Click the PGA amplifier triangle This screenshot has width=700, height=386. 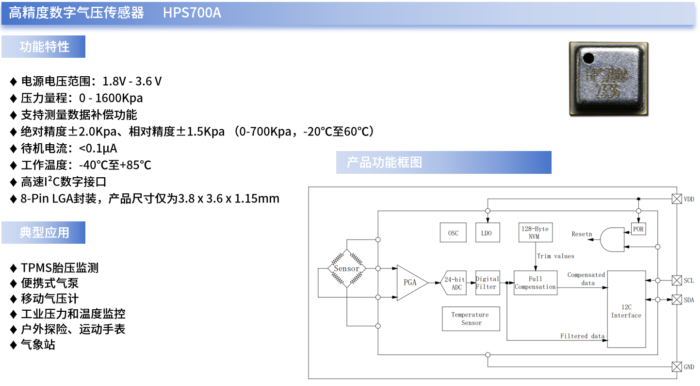coord(410,283)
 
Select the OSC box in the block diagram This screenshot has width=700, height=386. coord(453,233)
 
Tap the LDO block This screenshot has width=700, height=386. coord(487,233)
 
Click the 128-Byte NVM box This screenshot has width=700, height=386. coord(535,233)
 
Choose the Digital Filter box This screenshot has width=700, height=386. coord(487,283)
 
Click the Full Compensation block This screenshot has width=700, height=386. coord(535,283)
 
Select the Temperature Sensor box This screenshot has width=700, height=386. coord(471,319)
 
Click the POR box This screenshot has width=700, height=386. coord(639,229)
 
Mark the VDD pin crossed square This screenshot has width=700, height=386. coord(676,199)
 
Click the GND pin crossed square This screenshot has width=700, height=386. coord(676,367)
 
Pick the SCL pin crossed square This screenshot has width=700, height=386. coord(676,281)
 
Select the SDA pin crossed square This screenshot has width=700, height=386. coord(676,300)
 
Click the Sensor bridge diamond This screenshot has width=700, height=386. coord(347,269)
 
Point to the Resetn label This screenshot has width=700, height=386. coord(582,234)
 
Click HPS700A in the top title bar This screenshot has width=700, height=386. coord(192,13)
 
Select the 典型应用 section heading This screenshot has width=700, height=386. coord(44,233)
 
